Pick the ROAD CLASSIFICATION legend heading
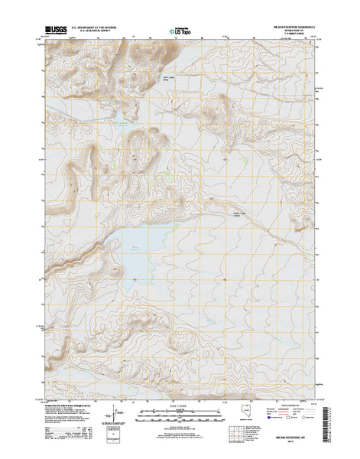coord(290,407)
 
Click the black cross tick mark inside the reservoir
coord(135,279)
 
